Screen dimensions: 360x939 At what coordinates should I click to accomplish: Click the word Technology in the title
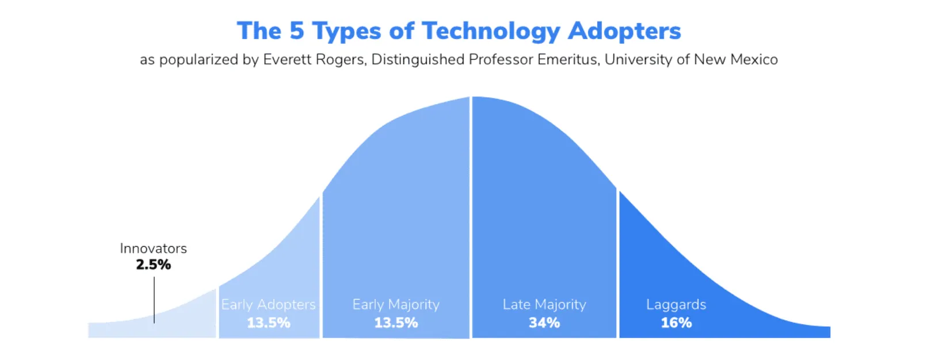[491, 31]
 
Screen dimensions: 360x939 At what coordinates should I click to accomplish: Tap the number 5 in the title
[296, 30]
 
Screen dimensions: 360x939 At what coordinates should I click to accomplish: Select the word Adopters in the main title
[624, 31]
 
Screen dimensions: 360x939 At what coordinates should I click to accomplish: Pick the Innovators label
[153, 248]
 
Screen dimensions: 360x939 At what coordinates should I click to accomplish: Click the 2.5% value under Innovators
[153, 265]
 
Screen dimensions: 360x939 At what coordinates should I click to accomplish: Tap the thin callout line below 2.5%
[154, 299]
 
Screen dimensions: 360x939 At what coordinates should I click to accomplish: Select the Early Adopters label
[268, 305]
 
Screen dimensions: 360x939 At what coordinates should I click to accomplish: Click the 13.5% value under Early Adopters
[268, 323]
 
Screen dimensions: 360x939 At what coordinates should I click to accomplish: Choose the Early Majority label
[396, 305]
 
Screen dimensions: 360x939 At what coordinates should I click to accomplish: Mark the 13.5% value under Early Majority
[396, 323]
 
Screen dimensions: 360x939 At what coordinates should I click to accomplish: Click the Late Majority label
[544, 305]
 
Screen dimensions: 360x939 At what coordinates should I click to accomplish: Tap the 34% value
[544, 323]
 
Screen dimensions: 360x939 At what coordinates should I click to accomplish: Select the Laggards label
[676, 305]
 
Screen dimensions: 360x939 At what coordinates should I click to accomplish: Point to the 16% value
[676, 323]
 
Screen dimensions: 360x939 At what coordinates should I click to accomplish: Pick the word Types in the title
[346, 32]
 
